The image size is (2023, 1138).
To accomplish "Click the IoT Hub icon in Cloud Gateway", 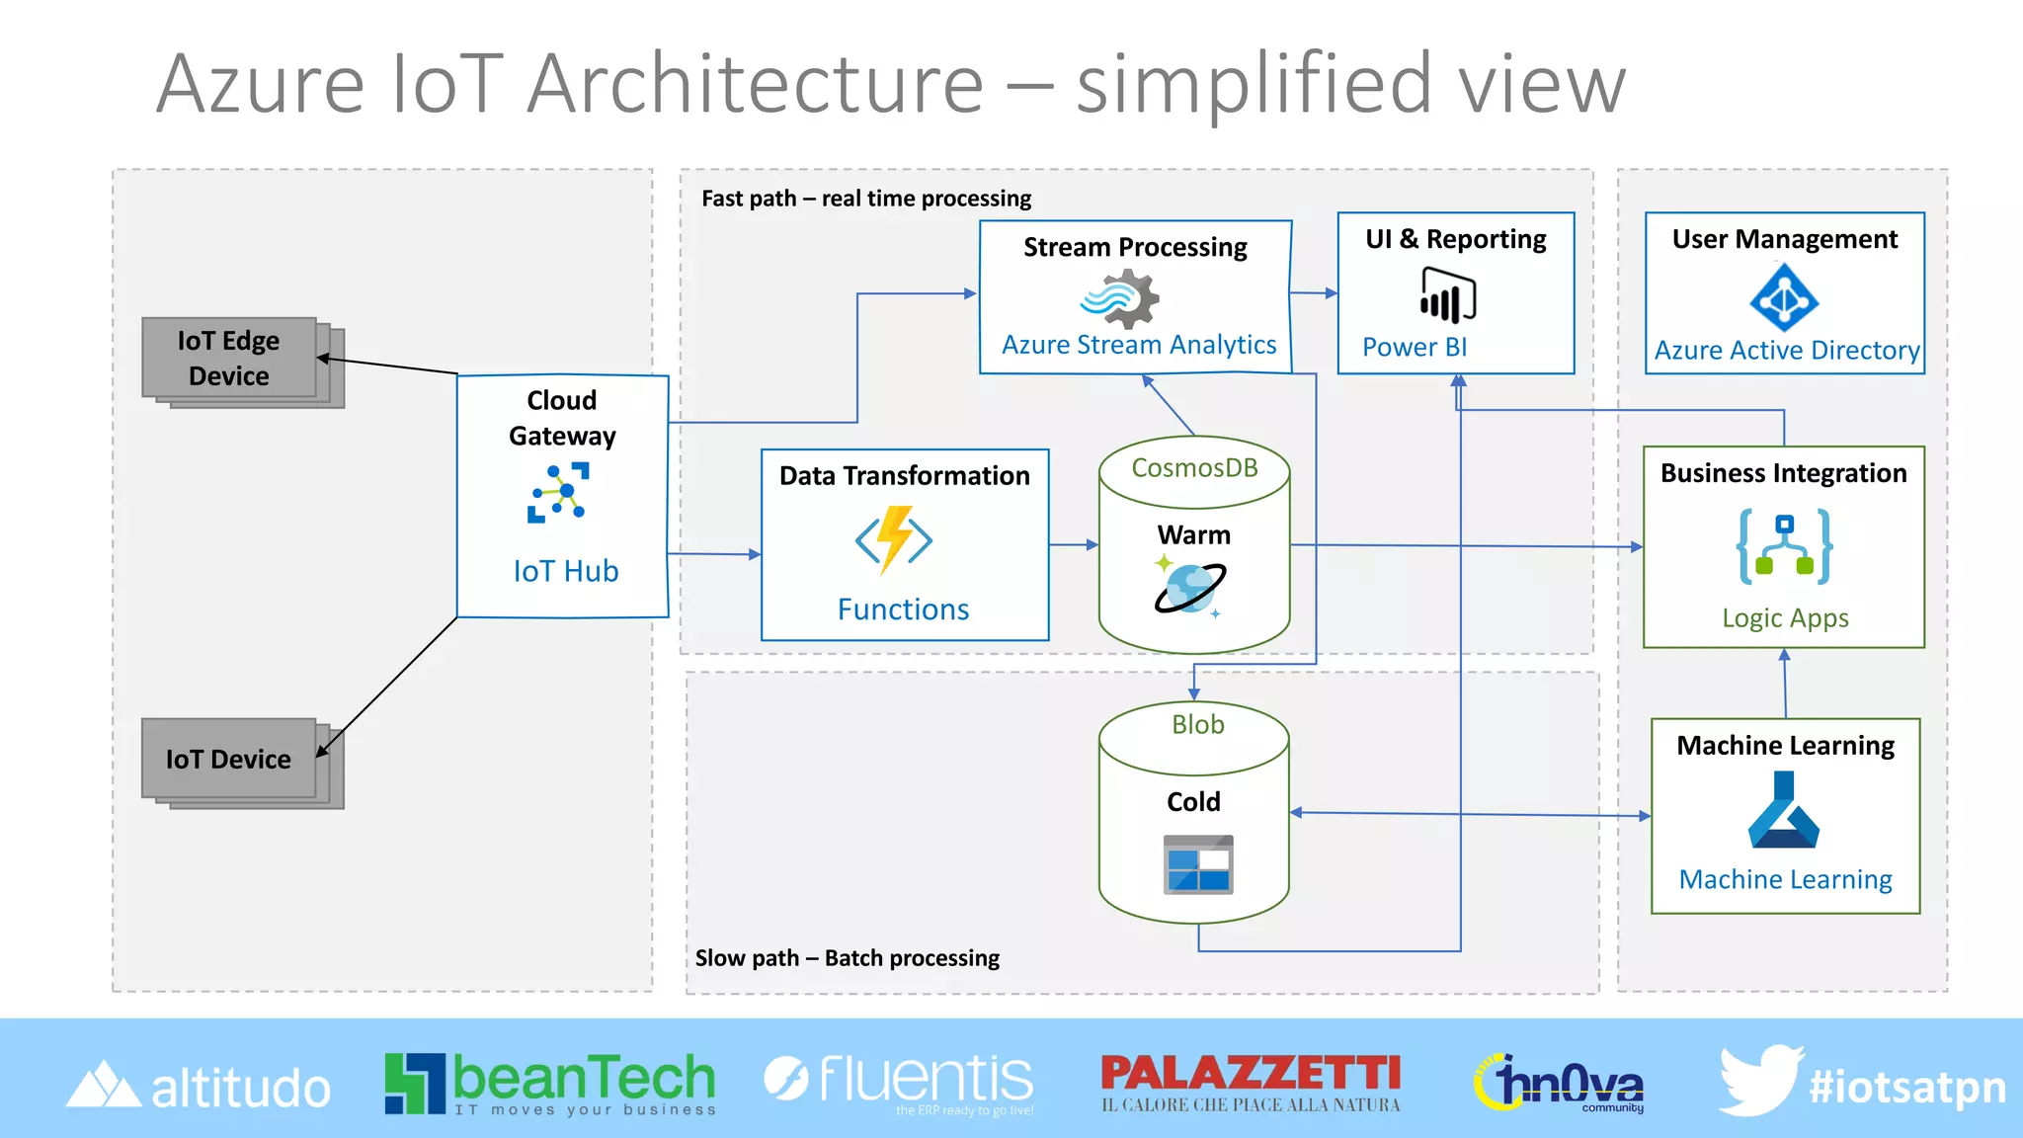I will click(x=558, y=492).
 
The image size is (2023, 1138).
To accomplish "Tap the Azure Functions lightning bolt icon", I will click(x=894, y=539).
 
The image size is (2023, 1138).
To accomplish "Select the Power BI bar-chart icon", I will click(x=1447, y=296).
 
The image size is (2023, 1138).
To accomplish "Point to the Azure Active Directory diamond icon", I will click(x=1783, y=297).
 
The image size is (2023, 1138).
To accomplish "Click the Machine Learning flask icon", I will click(x=1784, y=811).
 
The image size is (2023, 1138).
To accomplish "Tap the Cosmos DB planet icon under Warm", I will click(x=1191, y=588).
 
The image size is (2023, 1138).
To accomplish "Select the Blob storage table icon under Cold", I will click(x=1197, y=864).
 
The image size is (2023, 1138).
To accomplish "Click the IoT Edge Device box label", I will click(x=228, y=359).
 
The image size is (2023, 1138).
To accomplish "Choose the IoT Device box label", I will click(x=228, y=759).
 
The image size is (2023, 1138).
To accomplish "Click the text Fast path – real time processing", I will click(x=865, y=199).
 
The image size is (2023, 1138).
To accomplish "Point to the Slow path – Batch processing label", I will click(x=847, y=958).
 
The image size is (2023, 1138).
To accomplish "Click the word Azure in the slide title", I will click(x=261, y=85).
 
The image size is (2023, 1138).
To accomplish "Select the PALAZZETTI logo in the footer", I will click(x=1251, y=1083).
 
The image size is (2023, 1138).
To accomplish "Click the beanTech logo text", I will click(x=583, y=1079).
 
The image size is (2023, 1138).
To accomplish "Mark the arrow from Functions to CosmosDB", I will click(x=1074, y=544).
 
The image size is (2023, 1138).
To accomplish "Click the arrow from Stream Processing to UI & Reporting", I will click(x=1314, y=293).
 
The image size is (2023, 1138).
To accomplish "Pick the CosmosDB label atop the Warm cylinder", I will click(x=1194, y=468).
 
